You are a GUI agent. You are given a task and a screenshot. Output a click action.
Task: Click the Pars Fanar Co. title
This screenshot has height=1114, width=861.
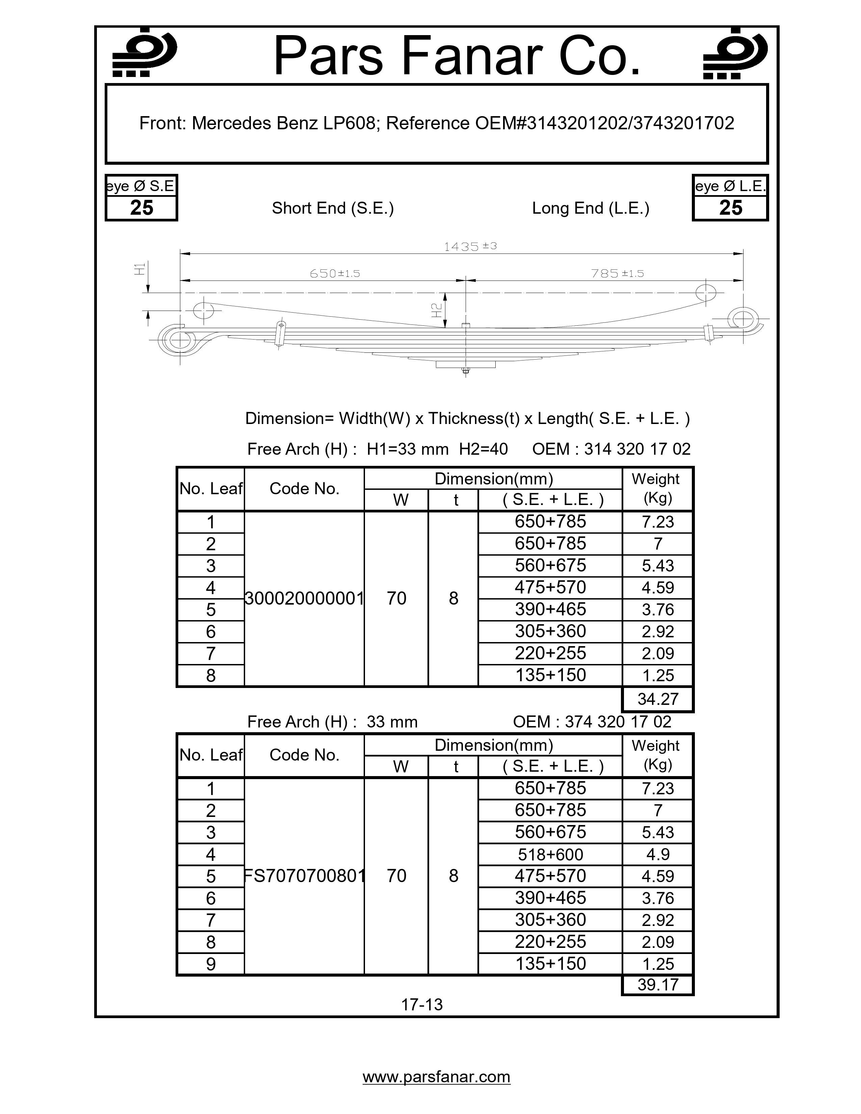[x=456, y=56]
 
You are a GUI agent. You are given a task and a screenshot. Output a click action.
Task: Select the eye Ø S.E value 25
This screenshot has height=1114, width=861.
[x=141, y=208]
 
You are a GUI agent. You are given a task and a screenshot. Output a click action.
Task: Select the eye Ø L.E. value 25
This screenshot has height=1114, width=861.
[x=730, y=208]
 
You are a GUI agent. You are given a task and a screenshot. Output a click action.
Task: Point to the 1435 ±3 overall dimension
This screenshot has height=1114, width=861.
[x=470, y=247]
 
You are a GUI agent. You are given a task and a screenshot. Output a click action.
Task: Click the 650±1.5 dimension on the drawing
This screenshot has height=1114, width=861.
[x=335, y=274]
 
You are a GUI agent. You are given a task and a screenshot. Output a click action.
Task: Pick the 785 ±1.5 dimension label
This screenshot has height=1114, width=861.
[x=617, y=274]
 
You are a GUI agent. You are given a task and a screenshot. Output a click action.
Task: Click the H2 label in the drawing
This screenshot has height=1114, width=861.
[x=437, y=310]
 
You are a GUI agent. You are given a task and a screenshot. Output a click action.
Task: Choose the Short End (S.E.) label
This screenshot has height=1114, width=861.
[x=333, y=208]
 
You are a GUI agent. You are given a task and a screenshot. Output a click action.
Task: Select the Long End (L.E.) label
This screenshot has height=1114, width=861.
[x=590, y=208]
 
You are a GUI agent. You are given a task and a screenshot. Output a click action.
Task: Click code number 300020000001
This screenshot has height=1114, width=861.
[x=304, y=598]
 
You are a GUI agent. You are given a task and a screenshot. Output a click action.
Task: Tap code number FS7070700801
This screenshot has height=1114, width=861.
[x=304, y=876]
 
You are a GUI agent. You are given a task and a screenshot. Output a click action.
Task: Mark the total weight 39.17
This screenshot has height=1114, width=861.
[x=657, y=984]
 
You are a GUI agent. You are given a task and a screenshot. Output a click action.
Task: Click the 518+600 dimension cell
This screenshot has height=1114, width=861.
[x=550, y=854]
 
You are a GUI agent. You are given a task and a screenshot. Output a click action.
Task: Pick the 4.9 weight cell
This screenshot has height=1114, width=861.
[x=657, y=854]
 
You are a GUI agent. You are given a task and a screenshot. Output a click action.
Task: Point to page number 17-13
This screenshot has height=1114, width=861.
[x=422, y=1004]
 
